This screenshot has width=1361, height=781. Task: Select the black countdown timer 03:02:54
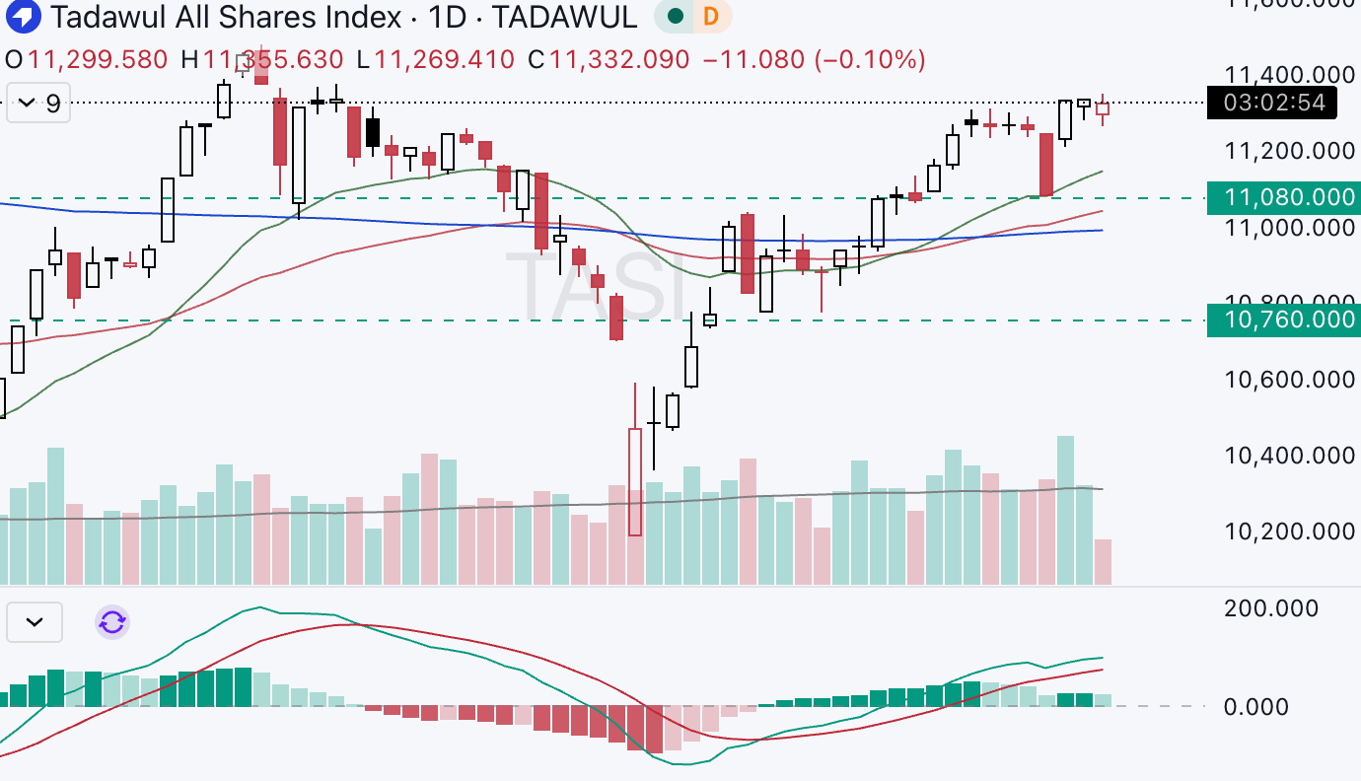click(1273, 103)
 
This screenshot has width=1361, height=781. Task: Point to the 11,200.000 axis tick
click(1289, 151)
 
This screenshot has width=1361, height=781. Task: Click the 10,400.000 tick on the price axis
click(1289, 456)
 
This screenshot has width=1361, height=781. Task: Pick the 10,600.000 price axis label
click(1289, 380)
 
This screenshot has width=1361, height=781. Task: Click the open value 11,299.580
click(98, 59)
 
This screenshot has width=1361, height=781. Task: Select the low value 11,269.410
click(445, 59)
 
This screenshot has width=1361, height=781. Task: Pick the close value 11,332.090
click(619, 59)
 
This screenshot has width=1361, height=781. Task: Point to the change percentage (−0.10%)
click(870, 59)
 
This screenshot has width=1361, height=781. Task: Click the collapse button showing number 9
click(39, 103)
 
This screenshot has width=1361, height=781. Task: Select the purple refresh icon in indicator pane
click(112, 622)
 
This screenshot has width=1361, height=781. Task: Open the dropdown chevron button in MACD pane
click(35, 622)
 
